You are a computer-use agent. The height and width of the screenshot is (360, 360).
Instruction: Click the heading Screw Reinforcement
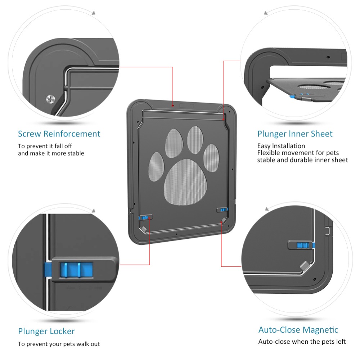click(x=59, y=134)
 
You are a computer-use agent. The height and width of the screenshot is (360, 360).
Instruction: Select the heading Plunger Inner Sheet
click(x=295, y=134)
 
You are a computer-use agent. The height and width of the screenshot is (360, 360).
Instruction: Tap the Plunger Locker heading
click(x=46, y=331)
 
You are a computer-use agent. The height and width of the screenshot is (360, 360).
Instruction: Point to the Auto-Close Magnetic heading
click(x=298, y=330)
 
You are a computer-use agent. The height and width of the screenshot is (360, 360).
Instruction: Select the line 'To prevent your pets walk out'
click(x=59, y=344)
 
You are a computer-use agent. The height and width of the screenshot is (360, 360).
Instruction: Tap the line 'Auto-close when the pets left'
click(x=302, y=341)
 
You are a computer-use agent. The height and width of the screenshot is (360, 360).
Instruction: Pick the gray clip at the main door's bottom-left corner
click(x=143, y=229)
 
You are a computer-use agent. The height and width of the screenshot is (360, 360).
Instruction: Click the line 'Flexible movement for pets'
click(x=298, y=153)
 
